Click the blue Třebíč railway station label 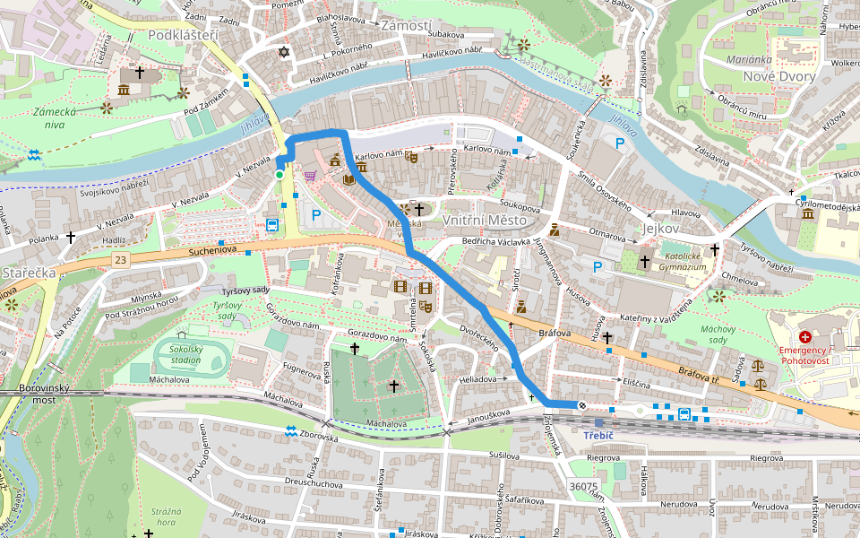point(597,435)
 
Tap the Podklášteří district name point(184,35)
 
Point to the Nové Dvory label point(778,76)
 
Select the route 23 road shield point(120,259)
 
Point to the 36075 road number point(583,486)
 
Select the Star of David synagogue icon point(285,53)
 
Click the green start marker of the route point(279,175)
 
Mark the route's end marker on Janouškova point(582,405)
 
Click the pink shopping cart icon point(311,175)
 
